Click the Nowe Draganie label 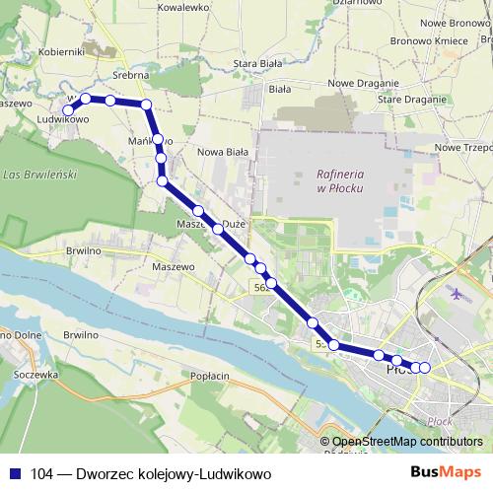pyautogui.click(x=363, y=83)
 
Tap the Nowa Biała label pyautogui.click(x=223, y=152)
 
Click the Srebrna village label pyautogui.click(x=130, y=75)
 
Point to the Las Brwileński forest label pyautogui.click(x=40, y=175)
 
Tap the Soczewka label pyautogui.click(x=37, y=376)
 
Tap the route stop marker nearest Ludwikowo pyautogui.click(x=69, y=110)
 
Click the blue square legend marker pyautogui.click(x=15, y=474)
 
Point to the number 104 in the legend pyautogui.click(x=42, y=474)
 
